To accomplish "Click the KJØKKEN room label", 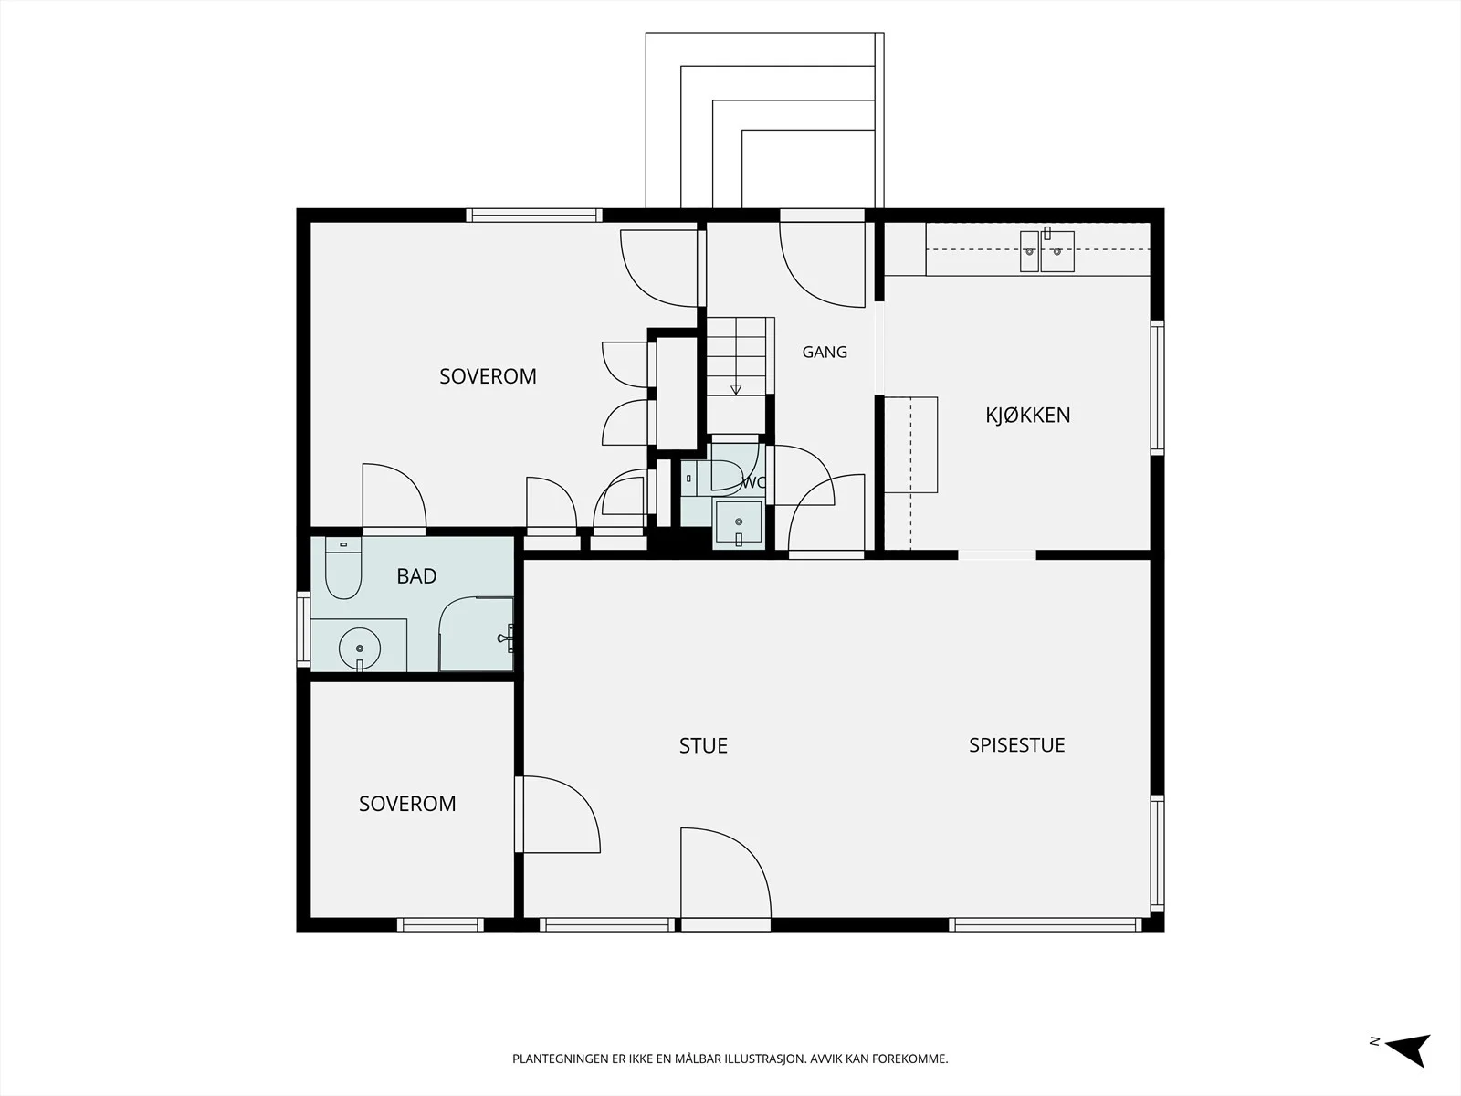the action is [1027, 416].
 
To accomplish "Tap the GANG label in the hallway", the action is [825, 352].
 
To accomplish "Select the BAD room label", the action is [416, 576].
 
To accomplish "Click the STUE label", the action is [703, 746].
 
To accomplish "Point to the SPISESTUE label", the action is [1017, 745].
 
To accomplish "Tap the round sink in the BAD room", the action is [360, 648].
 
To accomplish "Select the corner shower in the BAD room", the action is [476, 634].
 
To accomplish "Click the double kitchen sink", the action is [1047, 250].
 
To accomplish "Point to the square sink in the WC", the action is [738, 522].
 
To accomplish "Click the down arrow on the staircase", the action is [735, 388].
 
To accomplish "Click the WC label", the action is [752, 483].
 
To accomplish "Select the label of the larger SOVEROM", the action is [488, 376].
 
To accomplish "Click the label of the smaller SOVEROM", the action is [407, 804].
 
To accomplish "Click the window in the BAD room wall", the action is [303, 629].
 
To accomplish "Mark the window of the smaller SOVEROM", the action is [440, 924].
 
